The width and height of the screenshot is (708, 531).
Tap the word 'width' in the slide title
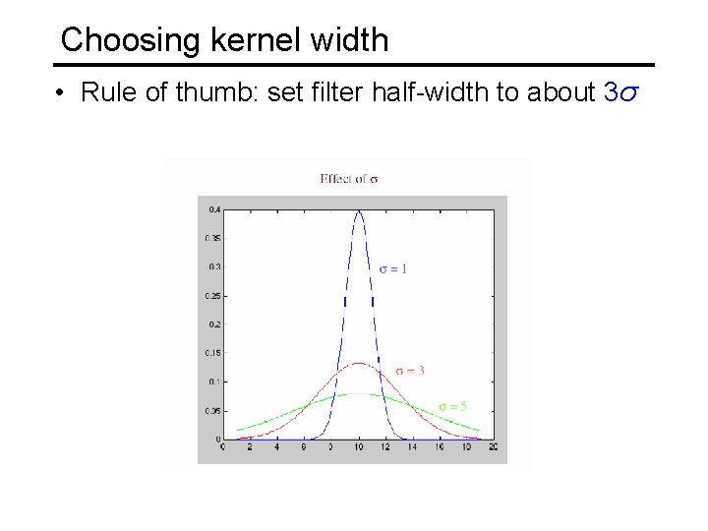350,40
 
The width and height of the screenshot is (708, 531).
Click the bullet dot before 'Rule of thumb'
60,93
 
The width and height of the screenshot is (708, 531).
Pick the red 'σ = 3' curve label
410,370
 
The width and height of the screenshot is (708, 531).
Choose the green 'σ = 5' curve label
452,405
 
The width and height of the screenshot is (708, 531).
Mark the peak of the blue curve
359,210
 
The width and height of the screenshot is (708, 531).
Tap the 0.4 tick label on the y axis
213,209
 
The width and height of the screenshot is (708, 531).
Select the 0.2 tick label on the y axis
213,324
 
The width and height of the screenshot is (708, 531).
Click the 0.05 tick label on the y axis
211,410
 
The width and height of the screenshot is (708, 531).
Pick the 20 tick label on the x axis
493,447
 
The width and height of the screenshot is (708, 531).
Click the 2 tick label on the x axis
251,447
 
